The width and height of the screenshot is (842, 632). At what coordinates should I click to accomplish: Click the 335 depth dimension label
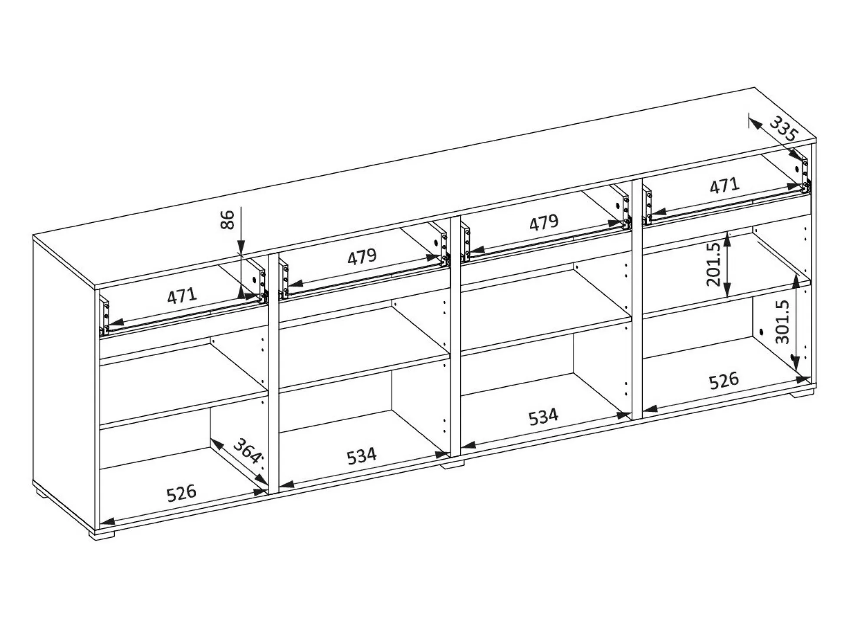pyautogui.click(x=784, y=129)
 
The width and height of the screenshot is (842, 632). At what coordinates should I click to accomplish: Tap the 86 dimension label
pyautogui.click(x=228, y=219)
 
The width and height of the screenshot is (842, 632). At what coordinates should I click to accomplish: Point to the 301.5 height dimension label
pyautogui.click(x=782, y=322)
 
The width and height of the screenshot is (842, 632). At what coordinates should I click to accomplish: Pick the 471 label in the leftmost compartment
pyautogui.click(x=182, y=296)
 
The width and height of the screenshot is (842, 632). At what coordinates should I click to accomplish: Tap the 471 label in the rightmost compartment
pyautogui.click(x=724, y=186)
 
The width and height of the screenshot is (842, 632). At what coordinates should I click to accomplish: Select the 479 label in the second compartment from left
pyautogui.click(x=362, y=257)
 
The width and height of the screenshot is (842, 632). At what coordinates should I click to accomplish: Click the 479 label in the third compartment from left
pyautogui.click(x=544, y=222)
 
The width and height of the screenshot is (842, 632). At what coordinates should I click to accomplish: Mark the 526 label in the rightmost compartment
pyautogui.click(x=724, y=380)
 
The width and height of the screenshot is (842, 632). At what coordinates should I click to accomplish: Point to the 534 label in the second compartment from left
pyautogui.click(x=362, y=455)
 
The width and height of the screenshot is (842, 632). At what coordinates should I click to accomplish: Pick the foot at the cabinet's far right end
pyautogui.click(x=802, y=394)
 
